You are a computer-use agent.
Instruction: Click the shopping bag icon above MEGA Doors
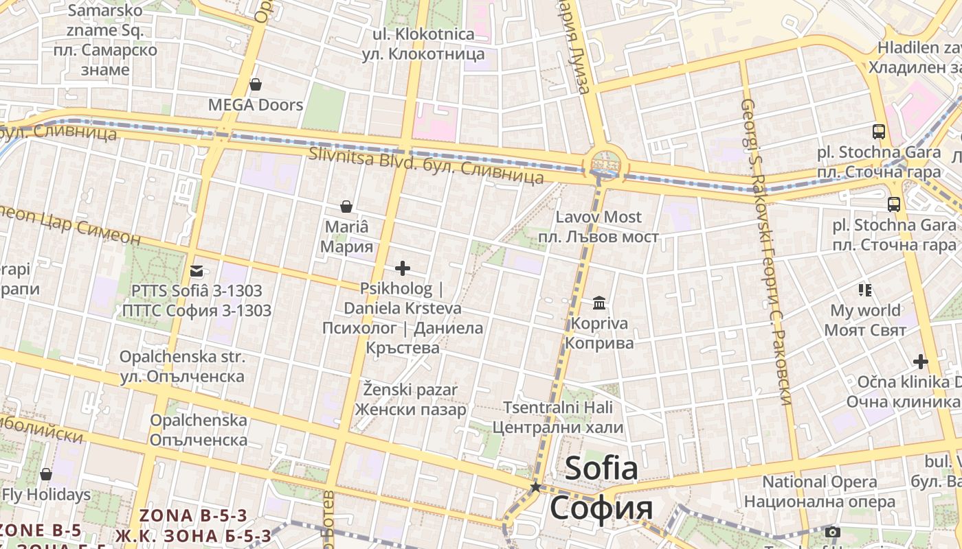click(256, 84)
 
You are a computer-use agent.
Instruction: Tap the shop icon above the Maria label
click(346, 206)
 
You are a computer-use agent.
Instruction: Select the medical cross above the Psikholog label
click(403, 268)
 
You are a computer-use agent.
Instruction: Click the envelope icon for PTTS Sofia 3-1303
click(197, 271)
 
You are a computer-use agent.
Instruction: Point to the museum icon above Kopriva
click(599, 303)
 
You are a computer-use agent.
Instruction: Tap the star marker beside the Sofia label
click(535, 487)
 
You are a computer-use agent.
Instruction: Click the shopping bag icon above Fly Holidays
click(46, 474)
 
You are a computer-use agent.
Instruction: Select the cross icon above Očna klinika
click(921, 361)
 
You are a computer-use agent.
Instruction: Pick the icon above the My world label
click(864, 290)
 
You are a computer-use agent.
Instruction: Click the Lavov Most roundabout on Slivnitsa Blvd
click(605, 165)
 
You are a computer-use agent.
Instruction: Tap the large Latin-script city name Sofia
click(601, 469)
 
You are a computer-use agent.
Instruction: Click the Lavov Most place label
click(599, 218)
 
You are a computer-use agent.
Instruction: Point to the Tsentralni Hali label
click(557, 408)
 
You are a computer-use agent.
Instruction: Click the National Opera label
click(820, 482)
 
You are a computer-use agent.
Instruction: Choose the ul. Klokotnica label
click(423, 34)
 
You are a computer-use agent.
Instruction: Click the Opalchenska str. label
click(182, 357)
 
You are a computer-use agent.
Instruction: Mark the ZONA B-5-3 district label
click(193, 515)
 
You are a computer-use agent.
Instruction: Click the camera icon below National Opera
click(833, 532)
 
